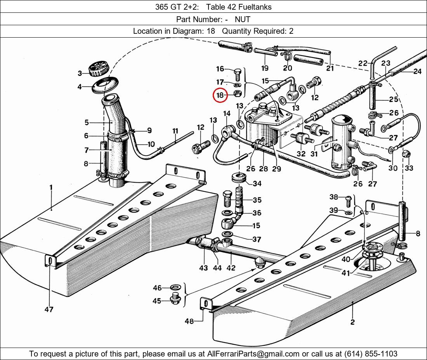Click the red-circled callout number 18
click(x=220, y=95)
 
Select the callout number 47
click(x=49, y=309)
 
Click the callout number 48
click(x=189, y=321)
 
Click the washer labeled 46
click(x=176, y=288)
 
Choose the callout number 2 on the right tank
click(x=352, y=322)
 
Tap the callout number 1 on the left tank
click(x=51, y=187)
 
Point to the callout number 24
click(x=417, y=71)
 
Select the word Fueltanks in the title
click(x=255, y=7)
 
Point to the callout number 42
click(x=231, y=268)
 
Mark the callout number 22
click(x=363, y=63)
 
